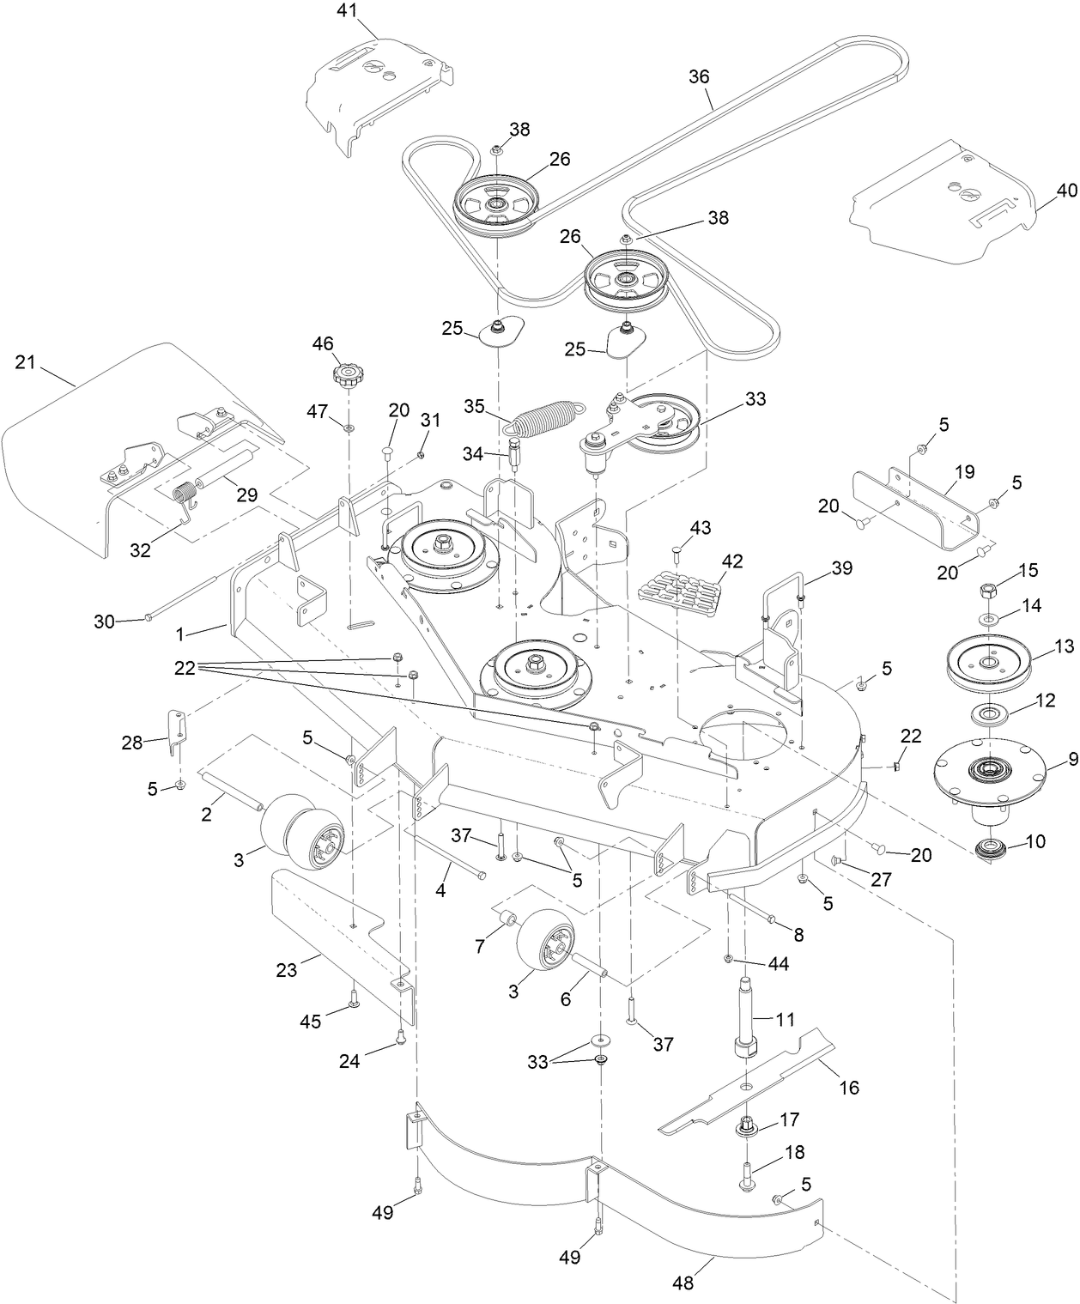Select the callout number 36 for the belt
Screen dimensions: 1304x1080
(x=700, y=76)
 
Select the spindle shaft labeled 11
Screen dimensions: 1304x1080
(x=746, y=1022)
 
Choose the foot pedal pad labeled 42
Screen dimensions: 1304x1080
(x=680, y=592)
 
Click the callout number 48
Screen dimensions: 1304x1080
(x=684, y=1284)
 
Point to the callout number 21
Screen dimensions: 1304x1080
(x=26, y=362)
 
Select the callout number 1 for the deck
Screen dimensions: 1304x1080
(x=180, y=634)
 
